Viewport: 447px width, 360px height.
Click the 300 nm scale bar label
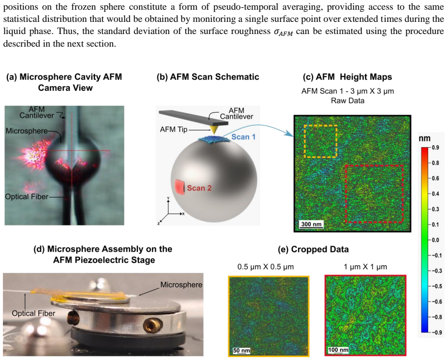(311, 224)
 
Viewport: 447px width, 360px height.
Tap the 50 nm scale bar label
(241, 350)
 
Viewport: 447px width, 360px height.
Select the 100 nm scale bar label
(338, 350)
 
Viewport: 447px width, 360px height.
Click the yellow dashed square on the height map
(321, 125)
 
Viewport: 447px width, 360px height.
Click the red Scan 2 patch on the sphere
(180, 187)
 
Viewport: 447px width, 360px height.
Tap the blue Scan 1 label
(243, 137)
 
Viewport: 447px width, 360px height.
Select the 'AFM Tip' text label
(173, 129)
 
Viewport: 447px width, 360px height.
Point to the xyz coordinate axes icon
(171, 211)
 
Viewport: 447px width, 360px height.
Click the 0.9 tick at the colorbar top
(435, 148)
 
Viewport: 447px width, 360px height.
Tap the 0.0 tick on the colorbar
(435, 240)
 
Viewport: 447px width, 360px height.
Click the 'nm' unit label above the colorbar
(425, 138)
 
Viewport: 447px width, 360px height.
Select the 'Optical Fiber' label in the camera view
(27, 197)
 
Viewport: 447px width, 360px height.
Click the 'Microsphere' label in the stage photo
(181, 285)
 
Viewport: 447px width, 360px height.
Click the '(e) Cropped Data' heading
(313, 249)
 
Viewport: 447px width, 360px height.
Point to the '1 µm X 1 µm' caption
(365, 267)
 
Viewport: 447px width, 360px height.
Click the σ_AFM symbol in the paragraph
(283, 32)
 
